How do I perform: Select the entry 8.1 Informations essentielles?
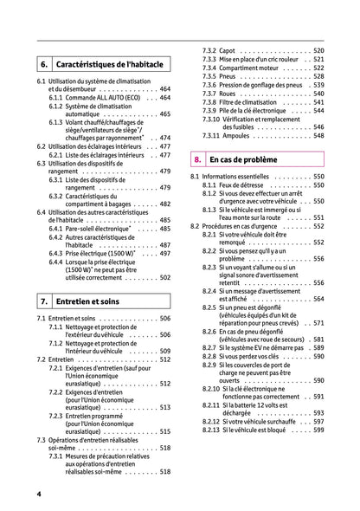[238, 177]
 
